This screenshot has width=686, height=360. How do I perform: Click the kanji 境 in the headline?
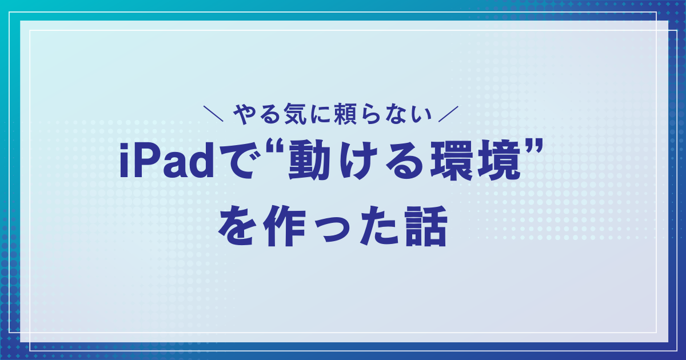(496, 163)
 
